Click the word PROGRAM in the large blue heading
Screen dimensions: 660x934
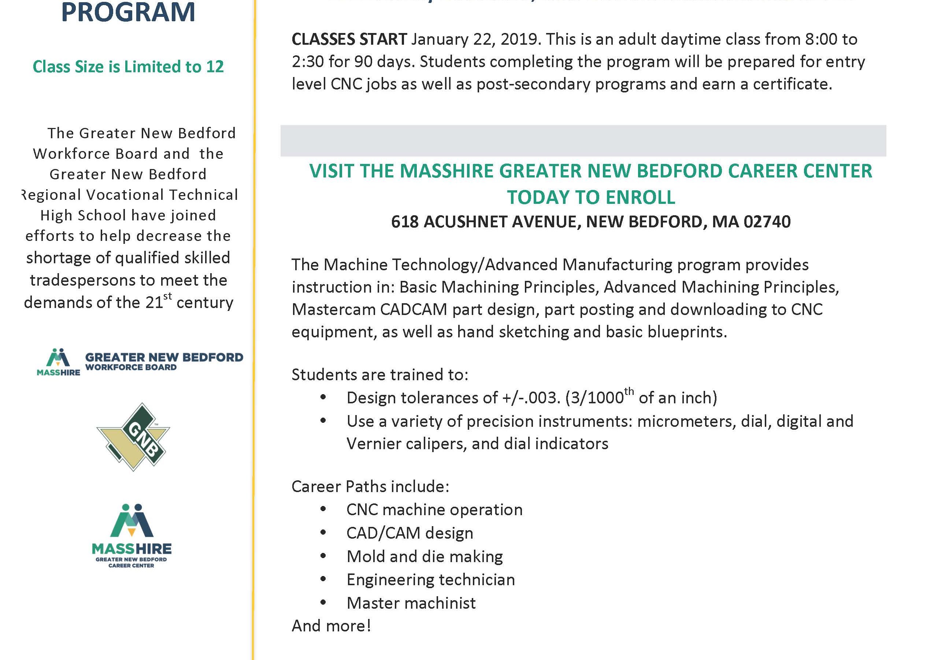[128, 12]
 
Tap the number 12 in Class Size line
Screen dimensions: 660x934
[215, 67]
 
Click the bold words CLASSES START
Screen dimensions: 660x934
[349, 40]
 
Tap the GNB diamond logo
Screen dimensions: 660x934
[133, 437]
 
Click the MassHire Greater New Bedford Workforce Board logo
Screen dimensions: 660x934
[140, 362]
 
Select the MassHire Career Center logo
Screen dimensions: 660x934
[131, 535]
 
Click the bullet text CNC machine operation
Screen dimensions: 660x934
[434, 510]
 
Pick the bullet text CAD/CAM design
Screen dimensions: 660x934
[409, 533]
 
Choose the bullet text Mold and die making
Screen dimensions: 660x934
[424, 557]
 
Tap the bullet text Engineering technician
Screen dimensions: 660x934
[430, 580]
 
